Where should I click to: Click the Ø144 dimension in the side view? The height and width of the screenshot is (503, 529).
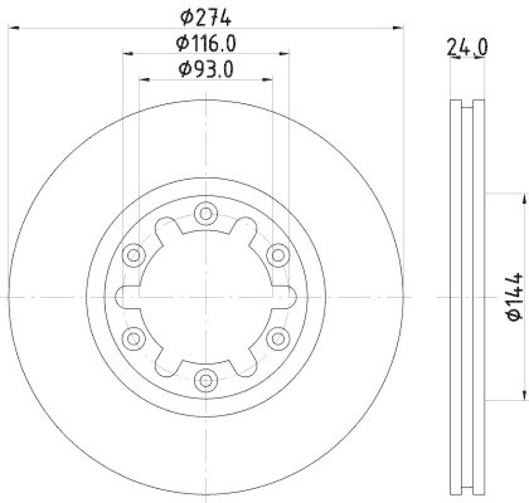516,297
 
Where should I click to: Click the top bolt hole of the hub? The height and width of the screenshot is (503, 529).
206,213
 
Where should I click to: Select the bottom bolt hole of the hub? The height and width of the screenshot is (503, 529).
206,380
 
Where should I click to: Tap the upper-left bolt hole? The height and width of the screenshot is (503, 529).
134,254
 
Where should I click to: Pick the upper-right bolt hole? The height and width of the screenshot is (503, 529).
278,254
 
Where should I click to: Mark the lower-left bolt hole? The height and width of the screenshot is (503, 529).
134,338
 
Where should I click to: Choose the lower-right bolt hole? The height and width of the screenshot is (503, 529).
278,338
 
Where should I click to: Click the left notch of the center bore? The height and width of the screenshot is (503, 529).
124,297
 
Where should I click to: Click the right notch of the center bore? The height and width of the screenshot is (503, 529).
288,297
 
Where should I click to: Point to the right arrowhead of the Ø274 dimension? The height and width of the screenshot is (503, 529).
399,28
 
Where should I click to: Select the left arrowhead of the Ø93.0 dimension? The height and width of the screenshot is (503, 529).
144,79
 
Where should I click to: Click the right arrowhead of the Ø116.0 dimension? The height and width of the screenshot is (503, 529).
284,54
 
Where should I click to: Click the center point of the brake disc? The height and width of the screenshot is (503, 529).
206,297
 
